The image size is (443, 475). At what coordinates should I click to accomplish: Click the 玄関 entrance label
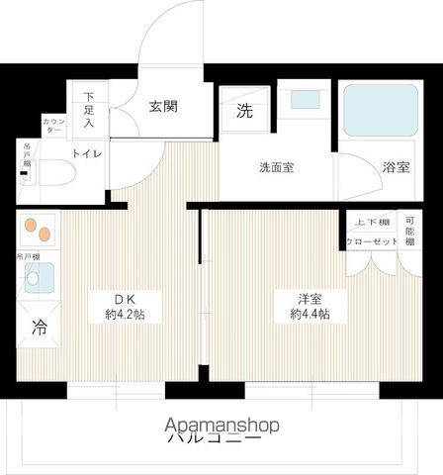coord(163,107)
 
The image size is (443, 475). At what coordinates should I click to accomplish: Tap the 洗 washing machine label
coord(243,112)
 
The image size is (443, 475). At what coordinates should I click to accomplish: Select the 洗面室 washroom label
coord(276,167)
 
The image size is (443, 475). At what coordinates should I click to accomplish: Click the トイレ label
coord(86,152)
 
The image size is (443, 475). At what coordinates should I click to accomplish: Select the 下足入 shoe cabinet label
coord(89,109)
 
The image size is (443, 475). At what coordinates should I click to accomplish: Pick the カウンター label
coord(53,126)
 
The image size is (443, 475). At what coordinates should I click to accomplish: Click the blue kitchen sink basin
coord(41,282)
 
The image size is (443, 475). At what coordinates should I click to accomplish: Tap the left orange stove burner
coord(30,227)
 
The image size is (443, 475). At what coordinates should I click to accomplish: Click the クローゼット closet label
coord(372,241)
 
